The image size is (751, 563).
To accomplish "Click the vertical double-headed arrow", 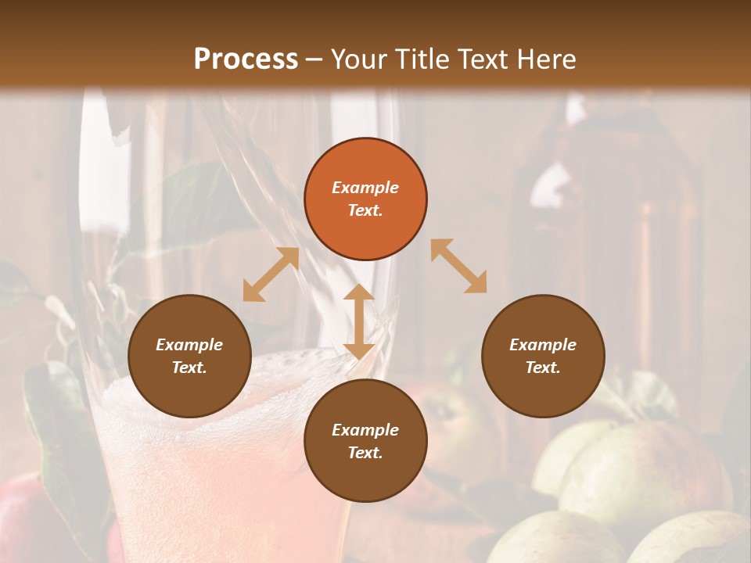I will pyautogui.click(x=359, y=321).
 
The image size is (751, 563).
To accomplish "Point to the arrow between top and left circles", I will pyautogui.click(x=271, y=275).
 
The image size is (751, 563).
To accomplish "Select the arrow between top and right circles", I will pyautogui.click(x=458, y=266).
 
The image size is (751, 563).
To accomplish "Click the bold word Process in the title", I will pyautogui.click(x=246, y=59).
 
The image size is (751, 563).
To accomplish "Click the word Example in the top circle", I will pyautogui.click(x=365, y=188).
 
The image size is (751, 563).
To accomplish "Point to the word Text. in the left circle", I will pyautogui.click(x=189, y=368).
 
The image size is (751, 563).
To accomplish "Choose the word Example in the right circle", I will pyautogui.click(x=543, y=345).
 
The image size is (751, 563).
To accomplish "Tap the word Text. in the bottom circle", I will pyautogui.click(x=365, y=453).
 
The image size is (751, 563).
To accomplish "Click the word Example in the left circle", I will pyautogui.click(x=189, y=345).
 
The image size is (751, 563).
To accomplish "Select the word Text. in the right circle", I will pyautogui.click(x=543, y=368).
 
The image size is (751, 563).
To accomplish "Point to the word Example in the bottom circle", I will pyautogui.click(x=365, y=430).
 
